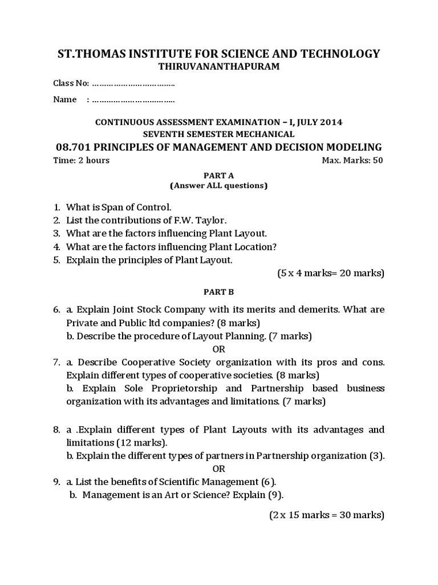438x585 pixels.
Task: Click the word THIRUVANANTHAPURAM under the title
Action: (219, 67)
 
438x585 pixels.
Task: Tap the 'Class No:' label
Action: (71, 83)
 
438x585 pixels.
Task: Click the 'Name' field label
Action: (65, 99)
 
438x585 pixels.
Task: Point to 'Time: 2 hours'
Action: (81, 160)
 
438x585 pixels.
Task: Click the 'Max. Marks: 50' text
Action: (352, 160)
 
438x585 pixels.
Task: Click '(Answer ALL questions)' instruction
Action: (219, 186)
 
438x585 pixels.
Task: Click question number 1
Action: (57, 207)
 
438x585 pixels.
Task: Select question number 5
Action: (57, 260)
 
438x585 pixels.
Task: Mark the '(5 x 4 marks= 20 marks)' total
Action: (331, 273)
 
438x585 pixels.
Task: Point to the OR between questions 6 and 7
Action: (219, 349)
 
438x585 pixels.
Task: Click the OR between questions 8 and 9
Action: (219, 469)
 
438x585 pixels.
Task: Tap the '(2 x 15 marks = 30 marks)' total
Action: (327, 515)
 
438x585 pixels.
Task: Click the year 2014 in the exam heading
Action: (331, 122)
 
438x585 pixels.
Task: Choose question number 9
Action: (57, 482)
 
